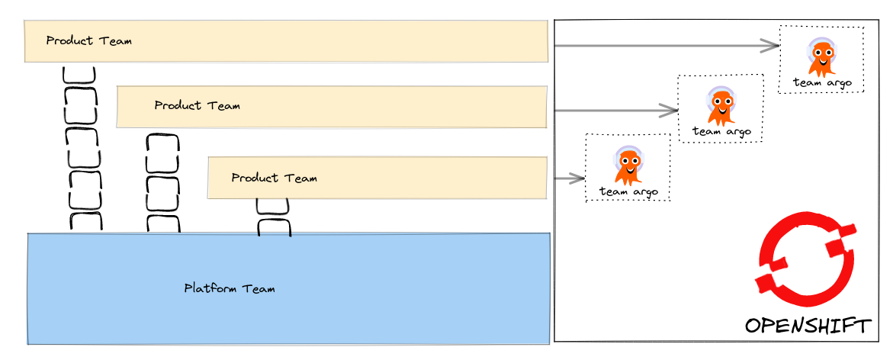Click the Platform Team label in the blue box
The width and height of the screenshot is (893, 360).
point(230,289)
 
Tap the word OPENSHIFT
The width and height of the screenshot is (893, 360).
point(808,326)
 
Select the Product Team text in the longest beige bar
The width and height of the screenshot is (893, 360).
point(88,40)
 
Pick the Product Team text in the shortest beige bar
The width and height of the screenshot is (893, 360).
point(274,178)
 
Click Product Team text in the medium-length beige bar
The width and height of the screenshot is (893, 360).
point(197,105)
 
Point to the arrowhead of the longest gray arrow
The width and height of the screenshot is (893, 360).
point(772,46)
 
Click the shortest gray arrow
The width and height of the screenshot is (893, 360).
point(567,179)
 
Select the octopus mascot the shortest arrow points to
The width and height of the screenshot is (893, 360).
point(628,166)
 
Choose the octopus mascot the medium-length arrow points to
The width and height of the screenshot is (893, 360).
point(721,105)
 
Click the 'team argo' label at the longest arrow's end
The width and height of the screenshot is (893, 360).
point(821,83)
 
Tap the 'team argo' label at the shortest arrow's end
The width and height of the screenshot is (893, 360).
point(628,191)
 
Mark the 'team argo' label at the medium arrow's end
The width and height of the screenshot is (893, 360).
point(721,132)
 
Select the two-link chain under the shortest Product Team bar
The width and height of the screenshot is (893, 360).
point(273,217)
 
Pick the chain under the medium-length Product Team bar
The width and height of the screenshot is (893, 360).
point(162,183)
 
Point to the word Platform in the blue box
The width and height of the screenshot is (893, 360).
point(210,289)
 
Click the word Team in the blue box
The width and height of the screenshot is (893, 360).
point(259,289)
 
